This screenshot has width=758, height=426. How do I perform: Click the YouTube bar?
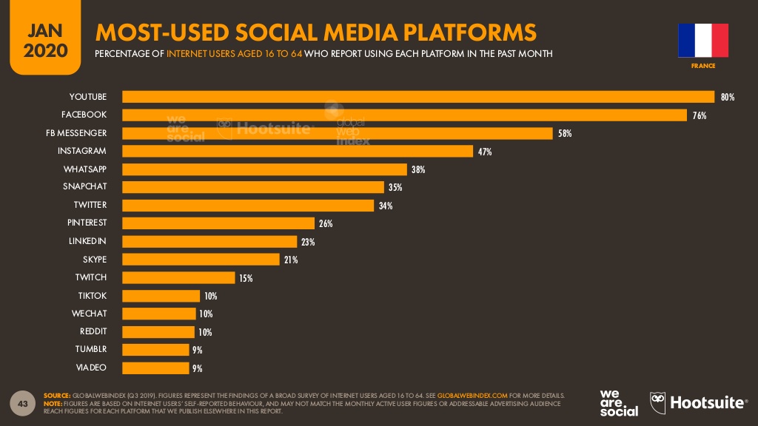click(x=418, y=97)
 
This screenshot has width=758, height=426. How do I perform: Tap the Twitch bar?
click(x=178, y=278)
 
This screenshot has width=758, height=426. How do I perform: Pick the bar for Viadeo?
click(x=155, y=368)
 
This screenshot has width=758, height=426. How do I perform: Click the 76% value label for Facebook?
click(x=700, y=115)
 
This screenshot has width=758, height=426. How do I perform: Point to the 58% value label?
click(x=565, y=134)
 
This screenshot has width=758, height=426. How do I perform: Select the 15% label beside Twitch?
click(x=246, y=278)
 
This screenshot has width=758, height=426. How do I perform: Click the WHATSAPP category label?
click(x=84, y=169)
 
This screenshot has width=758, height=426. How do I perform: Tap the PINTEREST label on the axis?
click(x=87, y=223)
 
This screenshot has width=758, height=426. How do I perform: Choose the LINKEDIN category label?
click(x=87, y=241)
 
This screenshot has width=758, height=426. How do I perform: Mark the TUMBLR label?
click(x=90, y=348)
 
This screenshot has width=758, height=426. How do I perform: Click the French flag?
click(x=703, y=41)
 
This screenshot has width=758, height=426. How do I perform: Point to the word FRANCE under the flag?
click(x=703, y=67)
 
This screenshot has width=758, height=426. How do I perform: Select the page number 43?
click(x=22, y=403)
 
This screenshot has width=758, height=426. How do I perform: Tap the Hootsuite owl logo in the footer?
click(x=658, y=402)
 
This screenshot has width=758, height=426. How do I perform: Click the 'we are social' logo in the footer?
click(x=619, y=402)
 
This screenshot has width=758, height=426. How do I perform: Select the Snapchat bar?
click(x=252, y=187)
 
